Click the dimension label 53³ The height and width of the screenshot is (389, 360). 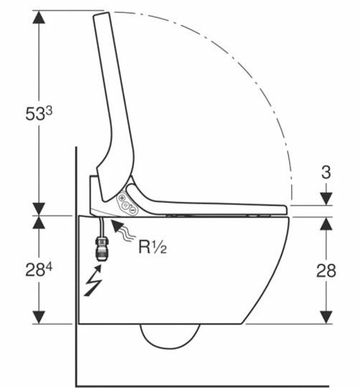(39, 114)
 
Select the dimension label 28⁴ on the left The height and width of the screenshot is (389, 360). (39, 269)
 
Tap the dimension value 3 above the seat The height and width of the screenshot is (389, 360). (326, 172)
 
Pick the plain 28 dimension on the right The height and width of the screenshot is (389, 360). (326, 270)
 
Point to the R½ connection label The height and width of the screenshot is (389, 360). (153, 246)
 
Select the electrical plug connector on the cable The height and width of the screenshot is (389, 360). (101, 248)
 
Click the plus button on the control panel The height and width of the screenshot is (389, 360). (122, 198)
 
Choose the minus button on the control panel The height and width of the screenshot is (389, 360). (133, 210)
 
